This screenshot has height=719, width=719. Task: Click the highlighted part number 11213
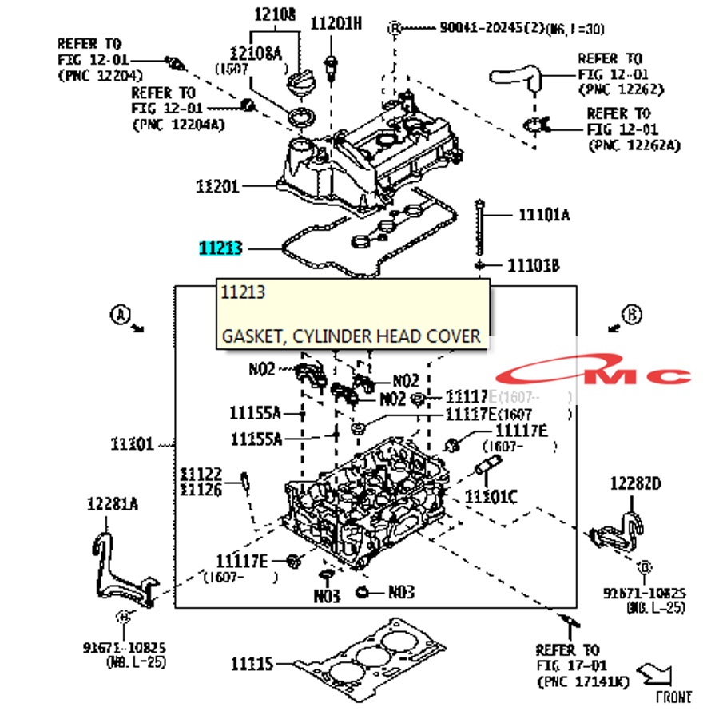click(220, 248)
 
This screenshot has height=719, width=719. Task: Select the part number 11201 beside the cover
click(217, 186)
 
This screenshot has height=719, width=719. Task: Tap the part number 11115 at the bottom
click(252, 664)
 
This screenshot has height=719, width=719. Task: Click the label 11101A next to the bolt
click(544, 214)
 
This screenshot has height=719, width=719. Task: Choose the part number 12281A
click(113, 503)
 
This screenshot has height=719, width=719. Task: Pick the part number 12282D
click(636, 483)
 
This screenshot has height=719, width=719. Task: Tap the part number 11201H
click(336, 23)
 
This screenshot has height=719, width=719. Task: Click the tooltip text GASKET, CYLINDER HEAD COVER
click(352, 336)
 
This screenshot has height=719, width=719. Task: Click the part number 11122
click(201, 475)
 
